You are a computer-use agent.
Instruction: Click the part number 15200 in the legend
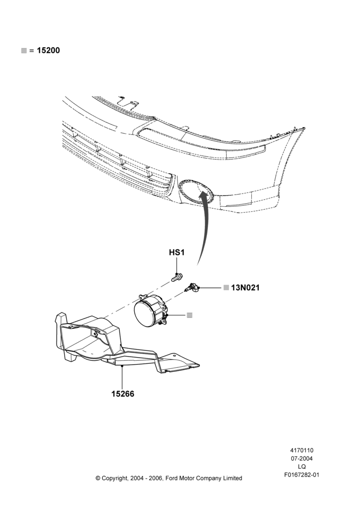[48, 50]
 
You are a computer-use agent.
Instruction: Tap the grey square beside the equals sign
[24, 50]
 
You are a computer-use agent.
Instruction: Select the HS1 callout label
[177, 252]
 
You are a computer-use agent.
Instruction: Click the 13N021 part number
[246, 288]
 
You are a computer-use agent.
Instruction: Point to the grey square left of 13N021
[226, 288]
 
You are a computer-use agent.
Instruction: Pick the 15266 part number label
[123, 394]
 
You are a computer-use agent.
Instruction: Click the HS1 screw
[177, 278]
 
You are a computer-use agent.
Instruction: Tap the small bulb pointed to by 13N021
[193, 287]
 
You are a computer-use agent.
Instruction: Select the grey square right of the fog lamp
[190, 315]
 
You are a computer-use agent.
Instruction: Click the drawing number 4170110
[302, 450]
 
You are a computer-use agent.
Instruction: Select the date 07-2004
[302, 458]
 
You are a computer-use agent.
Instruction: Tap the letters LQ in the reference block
[302, 467]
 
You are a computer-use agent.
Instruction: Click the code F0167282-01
[302, 475]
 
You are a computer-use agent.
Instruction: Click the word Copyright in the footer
[115, 478]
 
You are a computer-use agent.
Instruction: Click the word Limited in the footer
[231, 478]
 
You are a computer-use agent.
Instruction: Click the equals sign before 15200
[32, 51]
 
